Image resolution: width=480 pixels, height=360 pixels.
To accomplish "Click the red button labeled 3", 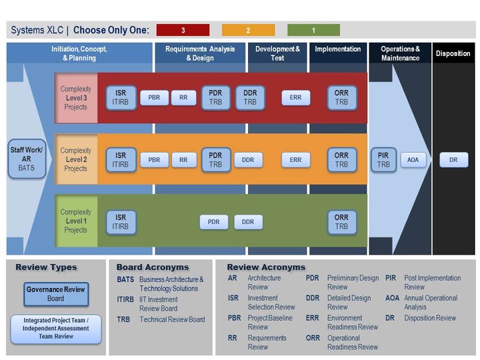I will tap(183, 30).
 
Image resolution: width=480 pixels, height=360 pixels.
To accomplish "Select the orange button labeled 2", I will tap(248, 30).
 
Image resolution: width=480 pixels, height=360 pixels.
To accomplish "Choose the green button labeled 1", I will tap(313, 30).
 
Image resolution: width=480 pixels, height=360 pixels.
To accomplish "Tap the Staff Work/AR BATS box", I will tap(27, 159).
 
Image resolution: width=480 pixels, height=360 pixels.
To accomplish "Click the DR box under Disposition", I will tap(453, 160).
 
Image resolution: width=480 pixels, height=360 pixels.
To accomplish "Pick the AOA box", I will tap(413, 160).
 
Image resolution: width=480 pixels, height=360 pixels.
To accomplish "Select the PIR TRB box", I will tap(383, 160).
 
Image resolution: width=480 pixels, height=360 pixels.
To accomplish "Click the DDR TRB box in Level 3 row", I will tap(250, 97).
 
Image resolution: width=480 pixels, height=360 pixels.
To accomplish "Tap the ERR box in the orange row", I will tap(296, 160).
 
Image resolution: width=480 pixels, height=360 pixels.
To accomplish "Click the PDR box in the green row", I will tap(213, 222).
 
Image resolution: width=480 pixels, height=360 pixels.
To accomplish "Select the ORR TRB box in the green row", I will tap(341, 222).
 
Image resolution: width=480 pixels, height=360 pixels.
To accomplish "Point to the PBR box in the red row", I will tap(154, 97).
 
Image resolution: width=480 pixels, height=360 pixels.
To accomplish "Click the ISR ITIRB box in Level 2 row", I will tap(121, 160).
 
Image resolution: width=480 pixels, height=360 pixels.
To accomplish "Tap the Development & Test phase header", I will tap(277, 53).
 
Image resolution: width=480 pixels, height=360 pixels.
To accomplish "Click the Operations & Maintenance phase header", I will tap(400, 53).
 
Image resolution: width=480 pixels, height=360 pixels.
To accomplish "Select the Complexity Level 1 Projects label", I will tap(75, 221).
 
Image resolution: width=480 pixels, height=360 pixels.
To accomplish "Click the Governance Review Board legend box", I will tap(55, 294).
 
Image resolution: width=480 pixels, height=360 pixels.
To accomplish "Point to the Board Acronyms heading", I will tap(153, 267).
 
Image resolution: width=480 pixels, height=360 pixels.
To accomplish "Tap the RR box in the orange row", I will tap(183, 160).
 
